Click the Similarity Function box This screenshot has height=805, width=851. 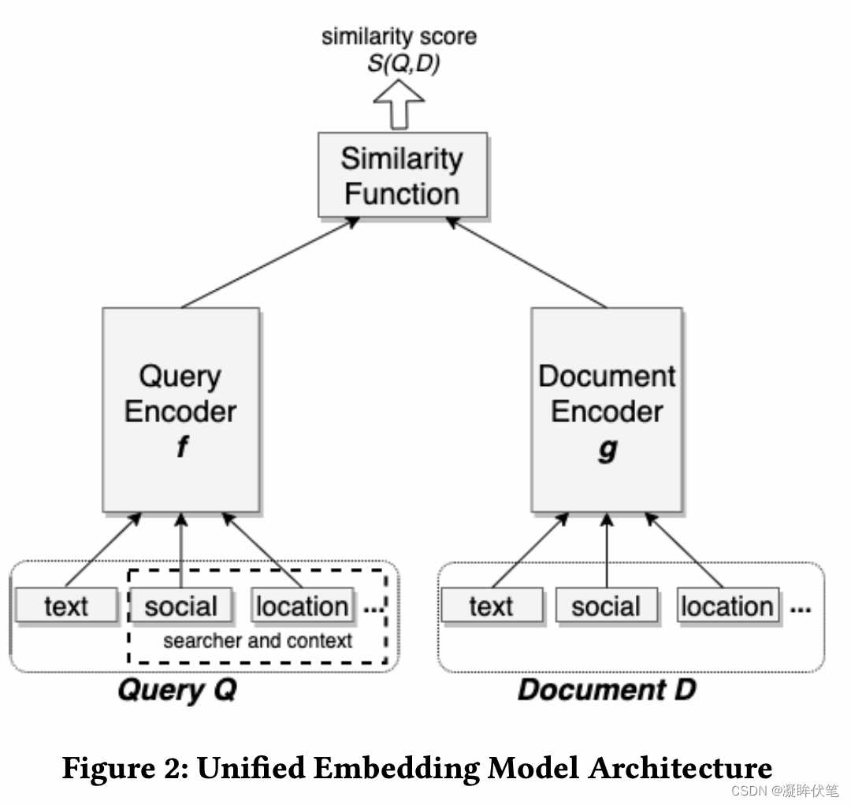tap(402, 175)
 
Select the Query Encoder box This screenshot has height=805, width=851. tap(180, 410)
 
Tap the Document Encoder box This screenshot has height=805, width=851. tap(607, 410)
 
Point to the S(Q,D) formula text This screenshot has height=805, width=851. tap(403, 63)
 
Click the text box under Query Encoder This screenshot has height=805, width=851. tap(66, 606)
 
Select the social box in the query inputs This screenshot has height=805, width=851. tap(180, 606)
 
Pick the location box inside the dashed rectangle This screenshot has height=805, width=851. tap(302, 606)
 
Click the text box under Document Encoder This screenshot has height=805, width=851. tap(491, 607)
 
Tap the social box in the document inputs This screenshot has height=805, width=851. tap(605, 607)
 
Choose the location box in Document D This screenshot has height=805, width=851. tap(727, 607)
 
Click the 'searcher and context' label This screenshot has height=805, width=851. tap(258, 640)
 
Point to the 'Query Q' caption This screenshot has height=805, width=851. tap(177, 690)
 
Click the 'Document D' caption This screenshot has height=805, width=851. tap(607, 690)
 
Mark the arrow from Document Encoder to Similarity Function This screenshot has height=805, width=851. tap(526, 263)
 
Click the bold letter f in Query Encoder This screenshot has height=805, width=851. tap(182, 447)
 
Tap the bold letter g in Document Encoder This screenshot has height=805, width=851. tap(607, 449)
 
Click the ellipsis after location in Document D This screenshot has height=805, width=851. tap(800, 610)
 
